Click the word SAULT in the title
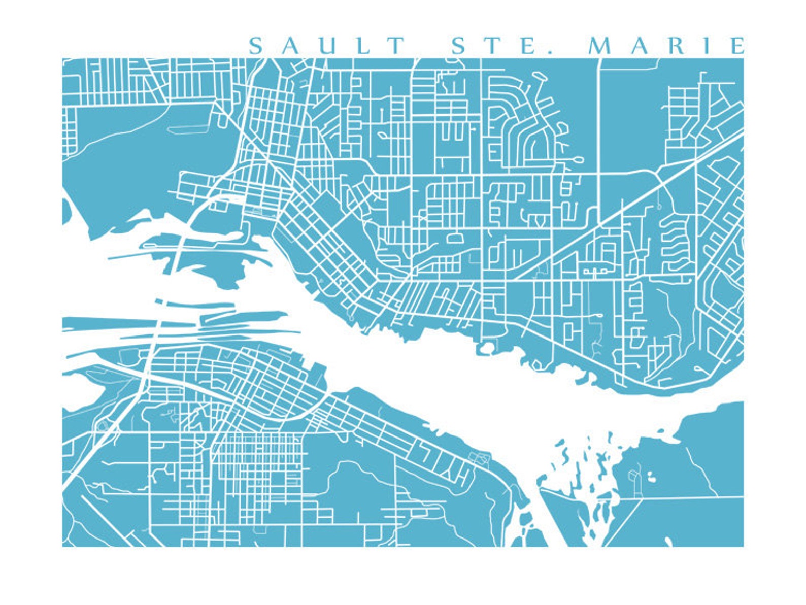(327, 46)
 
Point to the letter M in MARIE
(599, 46)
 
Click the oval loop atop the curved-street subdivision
(541, 77)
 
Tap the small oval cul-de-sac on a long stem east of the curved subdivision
(578, 160)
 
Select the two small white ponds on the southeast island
(650, 477)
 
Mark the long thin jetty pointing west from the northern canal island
(132, 256)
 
